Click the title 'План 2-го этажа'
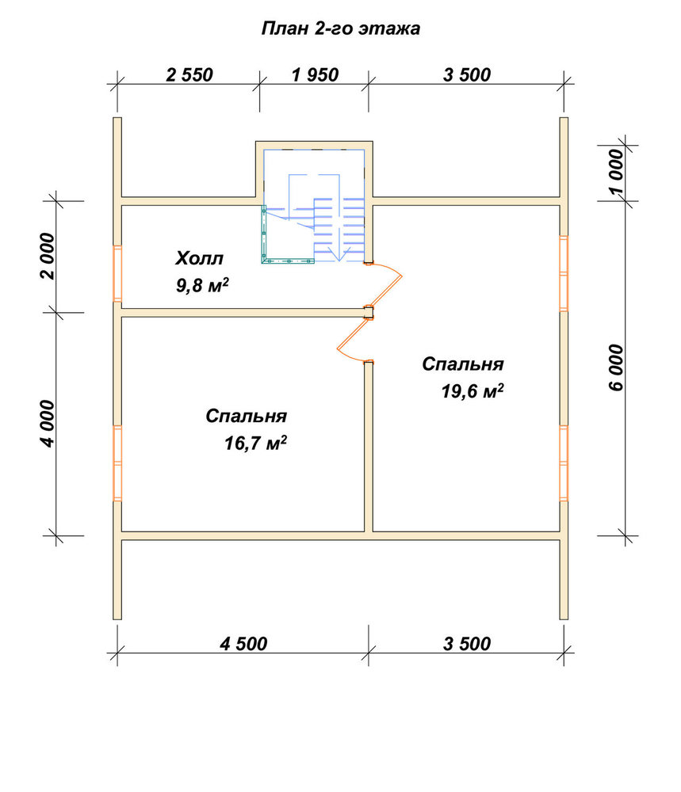pyautogui.click(x=340, y=29)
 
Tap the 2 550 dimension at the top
pyautogui.click(x=189, y=74)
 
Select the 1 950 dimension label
pyautogui.click(x=315, y=74)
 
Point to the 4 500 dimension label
pyautogui.click(x=243, y=643)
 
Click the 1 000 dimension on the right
pyautogui.click(x=616, y=172)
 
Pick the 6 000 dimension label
pyautogui.click(x=616, y=367)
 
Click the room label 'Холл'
pyautogui.click(x=199, y=259)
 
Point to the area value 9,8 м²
pyautogui.click(x=202, y=285)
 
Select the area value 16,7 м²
pyautogui.click(x=256, y=443)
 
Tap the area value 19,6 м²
pyautogui.click(x=472, y=391)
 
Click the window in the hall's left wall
pyautogui.click(x=117, y=273)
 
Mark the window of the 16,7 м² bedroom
pyautogui.click(x=117, y=463)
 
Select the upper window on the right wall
pyautogui.click(x=564, y=273)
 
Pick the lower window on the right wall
pyautogui.click(x=564, y=463)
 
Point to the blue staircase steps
pyautogui.click(x=338, y=228)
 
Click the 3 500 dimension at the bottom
pyautogui.click(x=467, y=643)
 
